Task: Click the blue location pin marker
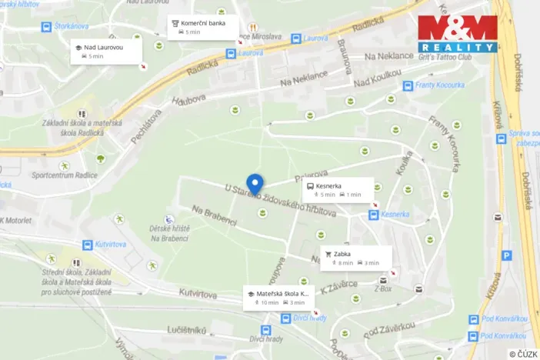pos(255,183)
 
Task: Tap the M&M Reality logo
pos(457,33)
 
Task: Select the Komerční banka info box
pos(202,27)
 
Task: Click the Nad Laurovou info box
pos(107,51)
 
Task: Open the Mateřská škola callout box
pos(280,297)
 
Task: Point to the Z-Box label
pos(383,289)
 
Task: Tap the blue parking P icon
pos(506,255)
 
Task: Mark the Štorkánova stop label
pos(74,26)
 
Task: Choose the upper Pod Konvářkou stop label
pos(505,319)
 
